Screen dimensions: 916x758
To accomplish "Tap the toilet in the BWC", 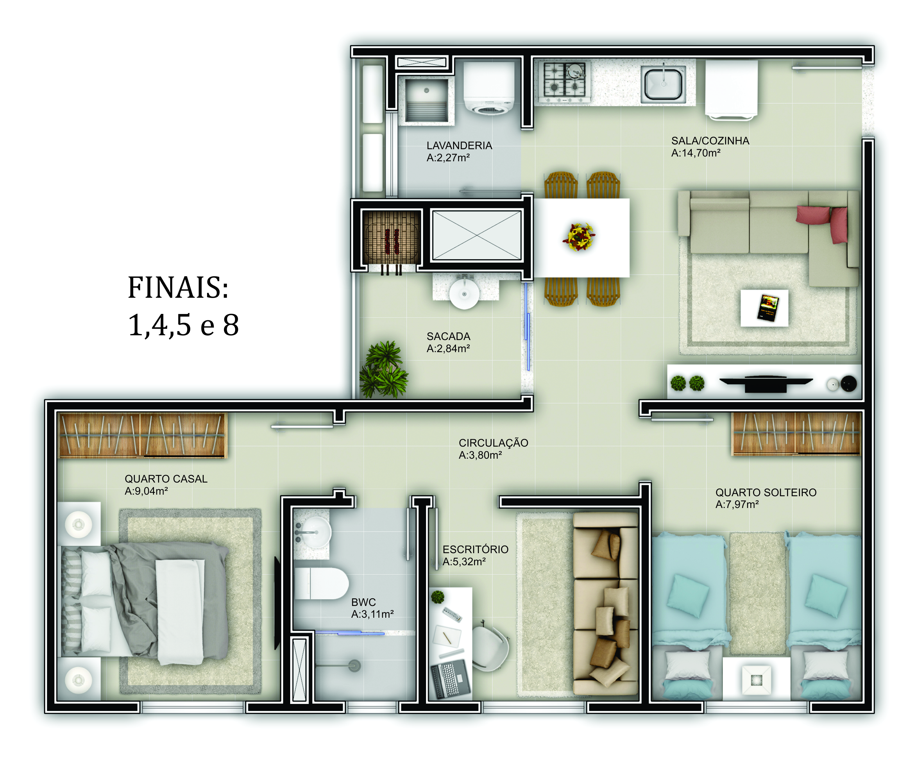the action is click(321, 583).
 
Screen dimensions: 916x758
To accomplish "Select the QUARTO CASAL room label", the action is click(166, 479).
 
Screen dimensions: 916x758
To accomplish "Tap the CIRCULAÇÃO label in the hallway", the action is click(493, 443).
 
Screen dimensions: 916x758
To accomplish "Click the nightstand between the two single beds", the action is click(756, 679).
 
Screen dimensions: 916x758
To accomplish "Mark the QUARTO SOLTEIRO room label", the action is click(766, 492).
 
